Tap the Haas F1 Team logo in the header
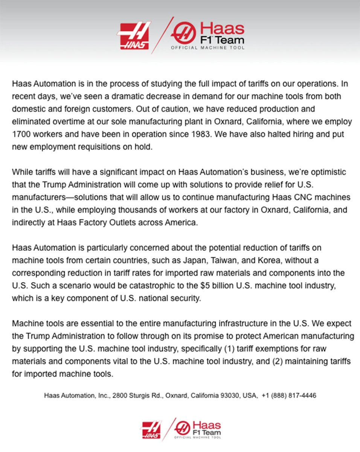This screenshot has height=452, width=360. (207, 36)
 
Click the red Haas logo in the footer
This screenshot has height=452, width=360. (151, 429)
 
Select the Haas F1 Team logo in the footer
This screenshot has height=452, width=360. (198, 429)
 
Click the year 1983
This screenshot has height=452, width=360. (214, 134)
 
